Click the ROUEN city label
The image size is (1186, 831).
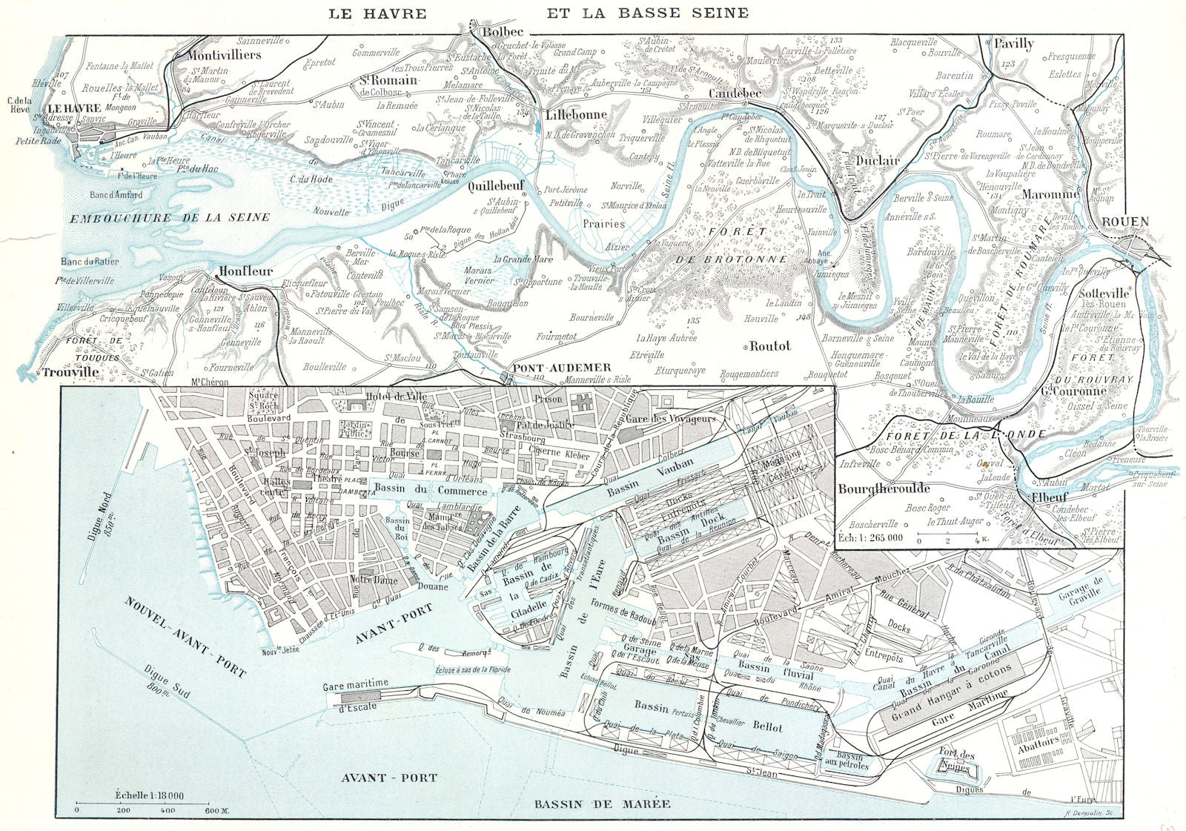1124,222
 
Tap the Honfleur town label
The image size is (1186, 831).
245,271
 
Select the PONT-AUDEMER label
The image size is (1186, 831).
562,368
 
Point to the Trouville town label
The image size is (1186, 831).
70,372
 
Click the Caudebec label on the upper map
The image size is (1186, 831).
735,94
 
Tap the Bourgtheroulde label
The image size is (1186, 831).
884,489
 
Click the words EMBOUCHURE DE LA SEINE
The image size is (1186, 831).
170,217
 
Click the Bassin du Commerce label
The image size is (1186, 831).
431,489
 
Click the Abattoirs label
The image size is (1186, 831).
1037,741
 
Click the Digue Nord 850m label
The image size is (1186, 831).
100,517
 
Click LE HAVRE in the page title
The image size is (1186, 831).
378,13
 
